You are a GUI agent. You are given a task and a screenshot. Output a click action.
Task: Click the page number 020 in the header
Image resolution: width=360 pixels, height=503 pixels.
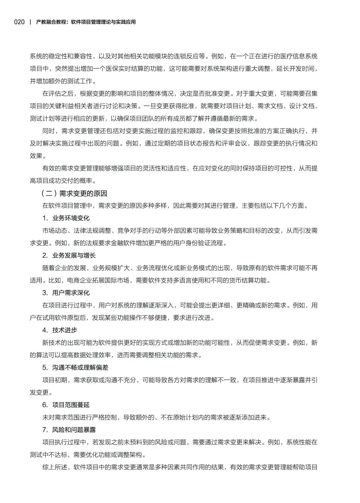pyautogui.click(x=19, y=22)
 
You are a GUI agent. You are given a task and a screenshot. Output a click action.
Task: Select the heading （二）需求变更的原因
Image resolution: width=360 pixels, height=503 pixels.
pyautogui.click(x=74, y=193)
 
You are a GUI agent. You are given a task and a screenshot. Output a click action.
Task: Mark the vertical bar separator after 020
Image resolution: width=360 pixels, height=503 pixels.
pyautogui.click(x=30, y=22)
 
